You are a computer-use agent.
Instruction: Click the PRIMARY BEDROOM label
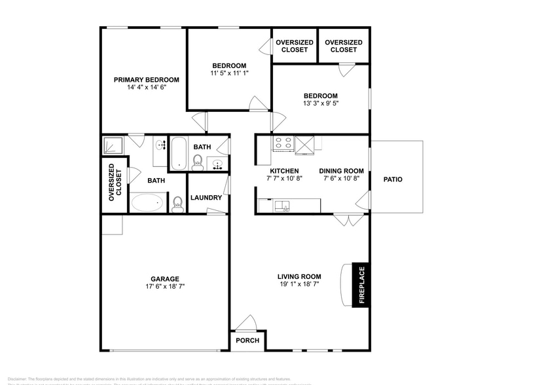(x=147, y=80)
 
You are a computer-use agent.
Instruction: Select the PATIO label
(x=393, y=179)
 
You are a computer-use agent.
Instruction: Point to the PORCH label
(x=247, y=340)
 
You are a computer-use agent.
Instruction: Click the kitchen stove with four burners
(x=282, y=143)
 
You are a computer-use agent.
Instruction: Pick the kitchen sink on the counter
(x=282, y=207)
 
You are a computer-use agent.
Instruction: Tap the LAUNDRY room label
(x=206, y=198)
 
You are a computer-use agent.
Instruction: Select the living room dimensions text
(x=299, y=285)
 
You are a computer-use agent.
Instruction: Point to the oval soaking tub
(x=149, y=202)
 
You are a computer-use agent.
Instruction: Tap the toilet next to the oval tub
(x=177, y=205)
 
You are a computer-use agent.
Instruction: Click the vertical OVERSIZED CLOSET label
(x=115, y=181)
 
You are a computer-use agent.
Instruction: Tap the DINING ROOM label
(x=341, y=171)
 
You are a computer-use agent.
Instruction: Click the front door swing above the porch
(x=247, y=323)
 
